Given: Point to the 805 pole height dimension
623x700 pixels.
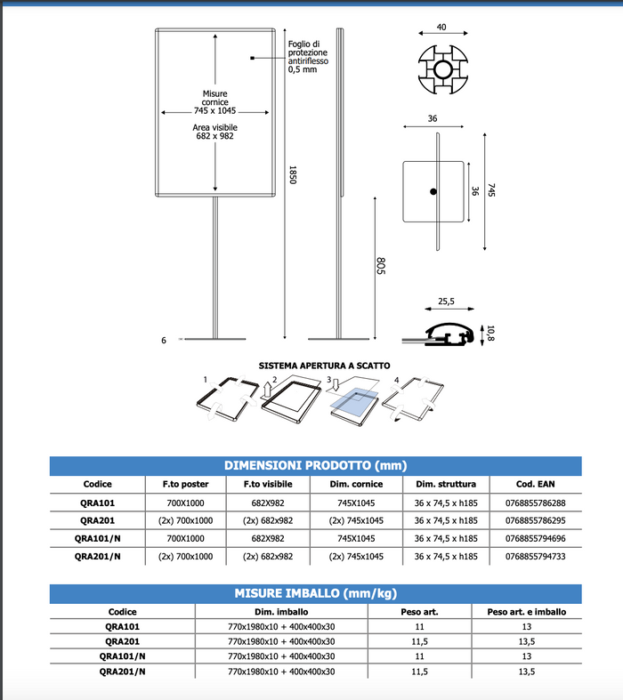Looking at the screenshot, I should pyautogui.click(x=379, y=266).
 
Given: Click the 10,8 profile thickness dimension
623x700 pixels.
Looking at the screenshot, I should pyautogui.click(x=489, y=334).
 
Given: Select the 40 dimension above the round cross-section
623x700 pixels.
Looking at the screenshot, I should pyautogui.click(x=441, y=28).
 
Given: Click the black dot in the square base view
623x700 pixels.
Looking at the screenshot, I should pyautogui.click(x=433, y=192).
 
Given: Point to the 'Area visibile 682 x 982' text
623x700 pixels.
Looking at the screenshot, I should pyautogui.click(x=215, y=133).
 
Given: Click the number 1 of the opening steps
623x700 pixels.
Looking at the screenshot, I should pyautogui.click(x=206, y=380).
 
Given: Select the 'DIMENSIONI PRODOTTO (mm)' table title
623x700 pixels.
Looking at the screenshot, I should pyautogui.click(x=315, y=465).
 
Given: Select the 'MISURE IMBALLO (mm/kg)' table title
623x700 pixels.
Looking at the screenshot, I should pyautogui.click(x=315, y=593).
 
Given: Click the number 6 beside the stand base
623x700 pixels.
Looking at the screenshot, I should pyautogui.click(x=165, y=340).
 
